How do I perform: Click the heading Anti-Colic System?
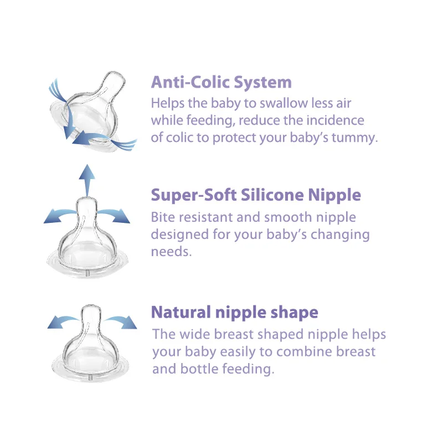(221, 83)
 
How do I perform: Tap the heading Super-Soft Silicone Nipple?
(256, 195)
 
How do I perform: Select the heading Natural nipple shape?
(234, 312)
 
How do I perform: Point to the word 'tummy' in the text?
(356, 137)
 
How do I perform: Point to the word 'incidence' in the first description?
(337, 120)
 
